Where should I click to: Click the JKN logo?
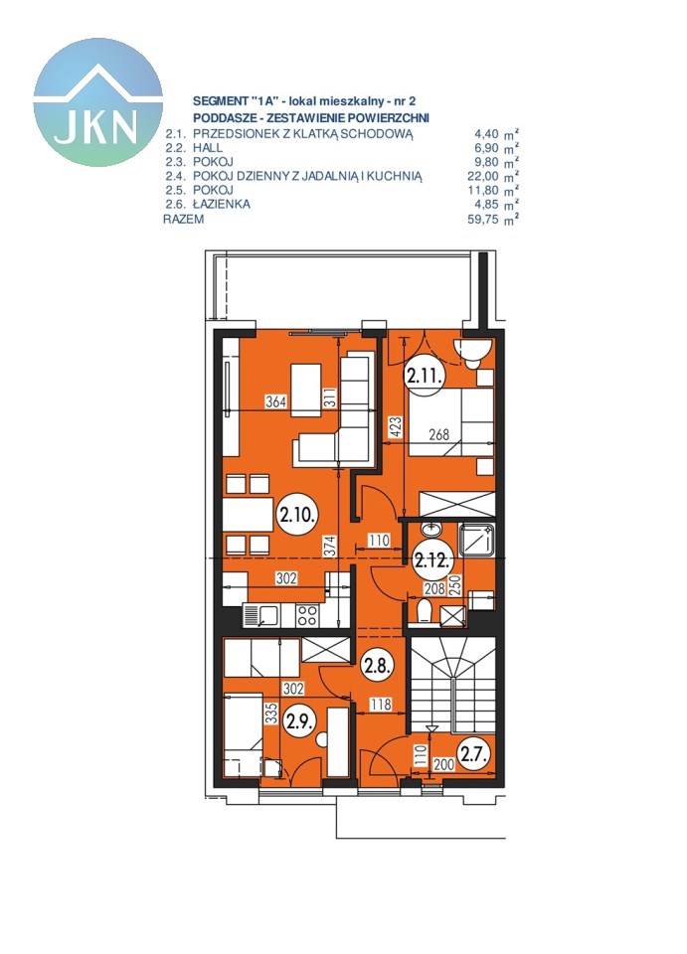[98, 101]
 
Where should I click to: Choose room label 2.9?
[299, 721]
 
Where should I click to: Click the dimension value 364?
[275, 401]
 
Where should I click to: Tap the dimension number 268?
[438, 434]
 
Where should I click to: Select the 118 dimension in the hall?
[381, 704]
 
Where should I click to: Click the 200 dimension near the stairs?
[444, 764]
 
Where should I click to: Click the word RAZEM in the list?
[183, 219]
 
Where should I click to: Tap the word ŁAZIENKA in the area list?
[222, 204]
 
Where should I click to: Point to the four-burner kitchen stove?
[306, 614]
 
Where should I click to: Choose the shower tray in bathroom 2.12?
[478, 539]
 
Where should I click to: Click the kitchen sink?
[260, 614]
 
